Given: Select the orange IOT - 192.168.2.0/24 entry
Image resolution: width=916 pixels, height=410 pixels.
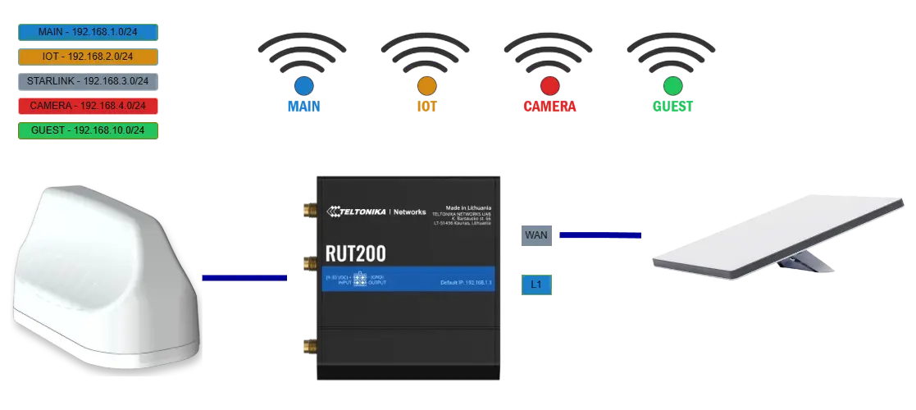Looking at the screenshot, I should (87, 57).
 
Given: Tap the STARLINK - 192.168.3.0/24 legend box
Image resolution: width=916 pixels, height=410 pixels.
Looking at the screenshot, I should (87, 81).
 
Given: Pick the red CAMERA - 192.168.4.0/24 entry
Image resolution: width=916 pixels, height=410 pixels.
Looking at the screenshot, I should (87, 106).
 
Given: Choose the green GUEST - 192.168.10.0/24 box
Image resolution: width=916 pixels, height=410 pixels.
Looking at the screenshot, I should (87, 130).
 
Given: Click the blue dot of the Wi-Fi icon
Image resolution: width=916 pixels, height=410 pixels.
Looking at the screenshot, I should (303, 84).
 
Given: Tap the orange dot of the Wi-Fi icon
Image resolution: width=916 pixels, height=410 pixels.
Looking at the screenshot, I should (426, 84).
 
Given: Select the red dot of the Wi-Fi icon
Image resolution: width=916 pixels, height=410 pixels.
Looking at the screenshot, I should (549, 84).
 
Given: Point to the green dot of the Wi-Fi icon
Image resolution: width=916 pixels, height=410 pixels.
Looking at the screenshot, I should (672, 84).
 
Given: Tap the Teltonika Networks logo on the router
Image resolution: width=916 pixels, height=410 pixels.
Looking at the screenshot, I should (376, 212).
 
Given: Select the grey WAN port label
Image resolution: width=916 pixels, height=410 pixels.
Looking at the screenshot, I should (535, 236).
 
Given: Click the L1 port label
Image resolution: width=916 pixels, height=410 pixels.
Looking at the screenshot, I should (535, 285).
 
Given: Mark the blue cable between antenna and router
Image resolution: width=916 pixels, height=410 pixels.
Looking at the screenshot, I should (244, 278).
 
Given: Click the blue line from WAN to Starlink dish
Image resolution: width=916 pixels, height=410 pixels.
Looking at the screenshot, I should (599, 235).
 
